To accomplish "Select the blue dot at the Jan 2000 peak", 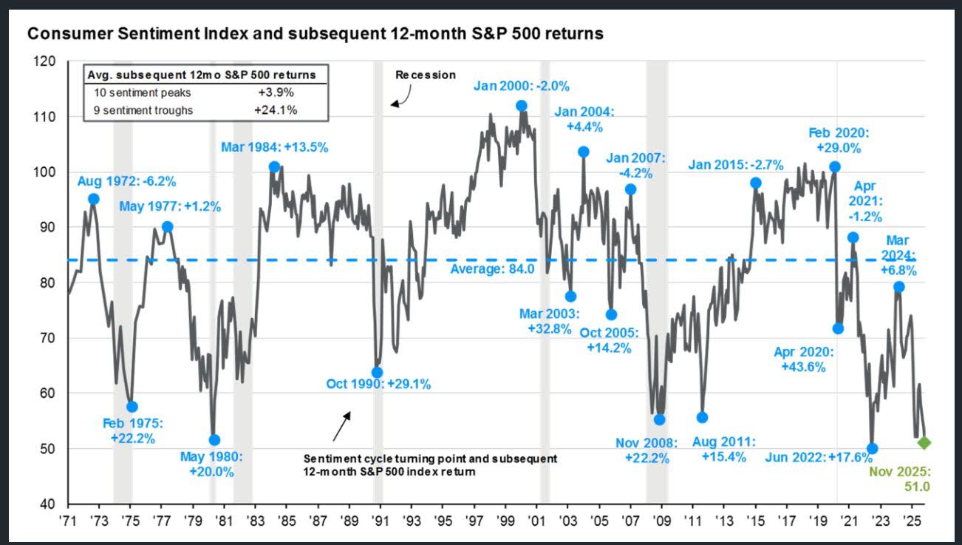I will tap(521, 106).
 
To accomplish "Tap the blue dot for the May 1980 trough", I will tap(214, 440).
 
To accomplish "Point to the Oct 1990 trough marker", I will tap(377, 372).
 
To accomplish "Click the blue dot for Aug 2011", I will tap(702, 417).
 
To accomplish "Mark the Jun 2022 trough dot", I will tap(872, 449).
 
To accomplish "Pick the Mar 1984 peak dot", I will tap(274, 167).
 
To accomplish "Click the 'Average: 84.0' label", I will tap(488, 268).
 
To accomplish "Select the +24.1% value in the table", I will tap(279, 110).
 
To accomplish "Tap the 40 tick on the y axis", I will tap(49, 504).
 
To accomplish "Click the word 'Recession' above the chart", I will tap(426, 75).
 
